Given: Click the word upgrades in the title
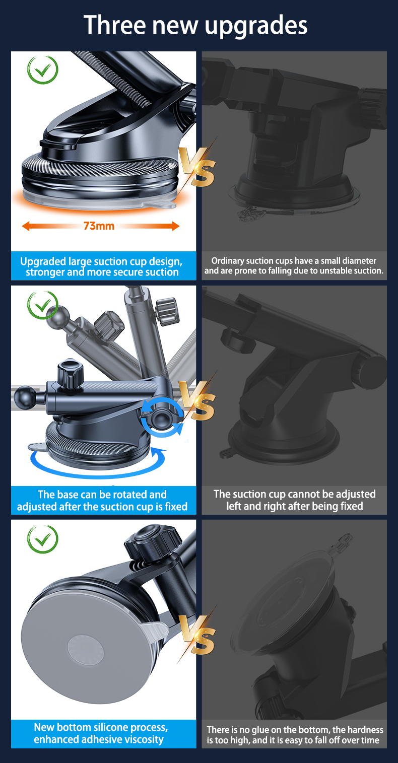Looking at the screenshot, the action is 256,26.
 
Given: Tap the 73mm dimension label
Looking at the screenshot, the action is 99,226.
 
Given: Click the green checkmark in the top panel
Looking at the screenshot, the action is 43,70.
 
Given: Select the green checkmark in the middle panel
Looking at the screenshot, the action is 43,305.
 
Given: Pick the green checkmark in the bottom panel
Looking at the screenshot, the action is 43,539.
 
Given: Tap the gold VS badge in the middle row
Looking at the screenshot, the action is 197,400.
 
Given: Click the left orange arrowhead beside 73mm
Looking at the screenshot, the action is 26,226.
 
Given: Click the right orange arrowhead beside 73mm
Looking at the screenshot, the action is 175,226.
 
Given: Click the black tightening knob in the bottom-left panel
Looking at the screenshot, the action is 152,541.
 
